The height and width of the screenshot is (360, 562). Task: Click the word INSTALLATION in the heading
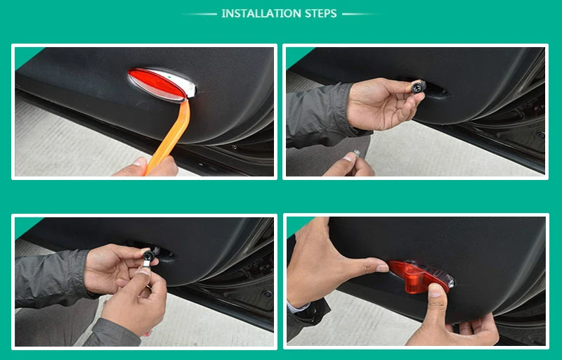point(261,13)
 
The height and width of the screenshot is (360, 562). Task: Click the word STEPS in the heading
point(321,13)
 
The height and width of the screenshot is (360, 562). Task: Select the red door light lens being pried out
point(157,84)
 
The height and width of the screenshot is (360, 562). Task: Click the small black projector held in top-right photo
point(419,86)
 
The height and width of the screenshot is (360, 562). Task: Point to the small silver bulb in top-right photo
point(357,153)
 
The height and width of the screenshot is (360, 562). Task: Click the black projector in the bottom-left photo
point(148,255)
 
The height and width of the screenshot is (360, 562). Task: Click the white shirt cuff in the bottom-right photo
point(298,307)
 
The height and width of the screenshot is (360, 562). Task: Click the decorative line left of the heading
point(199,14)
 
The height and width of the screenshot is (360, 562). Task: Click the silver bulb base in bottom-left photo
point(146,264)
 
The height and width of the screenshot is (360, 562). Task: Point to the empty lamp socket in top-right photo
point(436,91)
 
